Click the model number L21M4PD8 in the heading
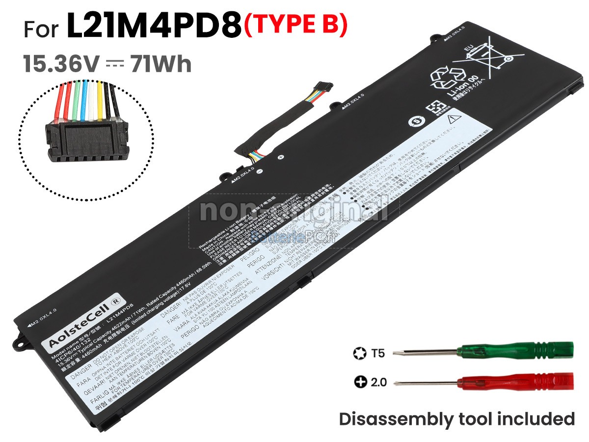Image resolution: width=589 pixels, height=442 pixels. (x=155, y=28)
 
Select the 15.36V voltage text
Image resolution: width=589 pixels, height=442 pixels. (x=61, y=64)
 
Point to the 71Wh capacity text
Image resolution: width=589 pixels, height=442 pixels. (x=161, y=64)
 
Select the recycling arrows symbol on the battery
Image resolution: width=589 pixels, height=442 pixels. (x=444, y=79)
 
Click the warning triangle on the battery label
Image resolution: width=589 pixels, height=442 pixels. (x=453, y=118)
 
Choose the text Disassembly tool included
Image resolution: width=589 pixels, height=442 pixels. (x=456, y=419)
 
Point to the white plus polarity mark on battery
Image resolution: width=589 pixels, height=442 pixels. (x=280, y=158)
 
